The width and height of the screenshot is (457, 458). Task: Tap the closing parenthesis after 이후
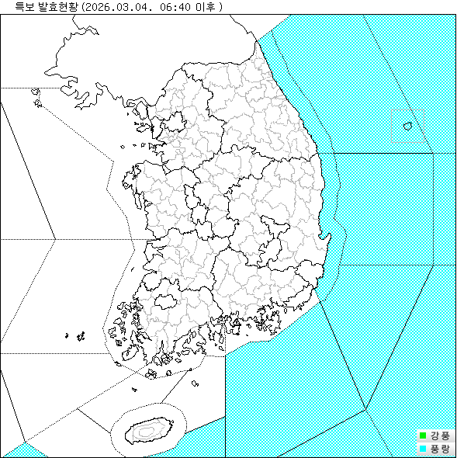pos(221,6)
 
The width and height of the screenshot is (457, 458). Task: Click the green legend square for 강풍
pos(423,435)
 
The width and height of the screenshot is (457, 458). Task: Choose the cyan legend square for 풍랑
pos(423,448)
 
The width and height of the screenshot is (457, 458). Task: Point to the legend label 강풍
pos(440,435)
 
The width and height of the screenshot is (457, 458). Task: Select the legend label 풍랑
pos(440,448)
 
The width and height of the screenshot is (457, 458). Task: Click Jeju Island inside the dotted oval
pos(147,428)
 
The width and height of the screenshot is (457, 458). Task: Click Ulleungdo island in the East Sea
pos(407,125)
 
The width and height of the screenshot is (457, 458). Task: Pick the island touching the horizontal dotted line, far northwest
pos(35,92)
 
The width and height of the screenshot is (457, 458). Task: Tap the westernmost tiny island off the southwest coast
pos(68,335)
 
